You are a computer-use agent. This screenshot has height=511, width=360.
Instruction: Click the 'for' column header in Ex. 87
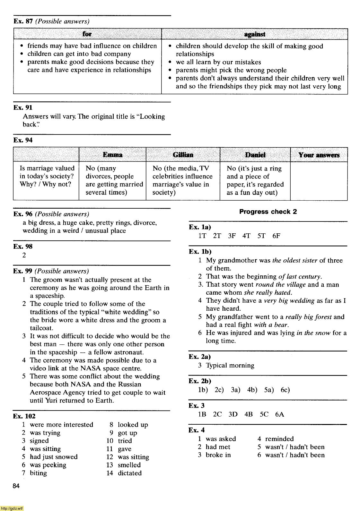[x=87, y=34]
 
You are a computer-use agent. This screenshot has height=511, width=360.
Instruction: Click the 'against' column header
[x=255, y=34]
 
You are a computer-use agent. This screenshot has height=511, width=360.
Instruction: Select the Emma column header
[x=112, y=155]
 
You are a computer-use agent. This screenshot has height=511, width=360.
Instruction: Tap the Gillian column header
[x=183, y=155]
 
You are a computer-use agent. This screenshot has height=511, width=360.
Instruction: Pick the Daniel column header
[x=255, y=155]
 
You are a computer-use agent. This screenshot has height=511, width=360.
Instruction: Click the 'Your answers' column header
[x=319, y=155]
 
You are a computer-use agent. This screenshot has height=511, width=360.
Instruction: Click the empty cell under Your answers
[x=319, y=181]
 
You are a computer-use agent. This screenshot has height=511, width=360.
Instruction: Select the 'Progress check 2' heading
[x=268, y=212]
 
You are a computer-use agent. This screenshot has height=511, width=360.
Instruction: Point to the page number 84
[x=16, y=486]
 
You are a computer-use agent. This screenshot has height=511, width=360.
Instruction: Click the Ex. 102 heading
[x=24, y=416]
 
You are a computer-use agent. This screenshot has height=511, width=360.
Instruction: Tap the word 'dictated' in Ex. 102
[x=130, y=473]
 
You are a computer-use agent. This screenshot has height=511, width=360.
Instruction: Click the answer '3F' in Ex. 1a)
[x=232, y=236]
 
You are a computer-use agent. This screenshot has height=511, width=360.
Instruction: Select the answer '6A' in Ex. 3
[x=279, y=414]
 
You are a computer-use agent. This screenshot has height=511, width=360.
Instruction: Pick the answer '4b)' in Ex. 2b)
[x=252, y=390]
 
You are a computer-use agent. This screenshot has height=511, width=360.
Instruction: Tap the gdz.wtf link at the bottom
[x=12, y=508]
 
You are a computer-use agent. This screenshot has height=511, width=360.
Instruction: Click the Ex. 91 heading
[x=23, y=108]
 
